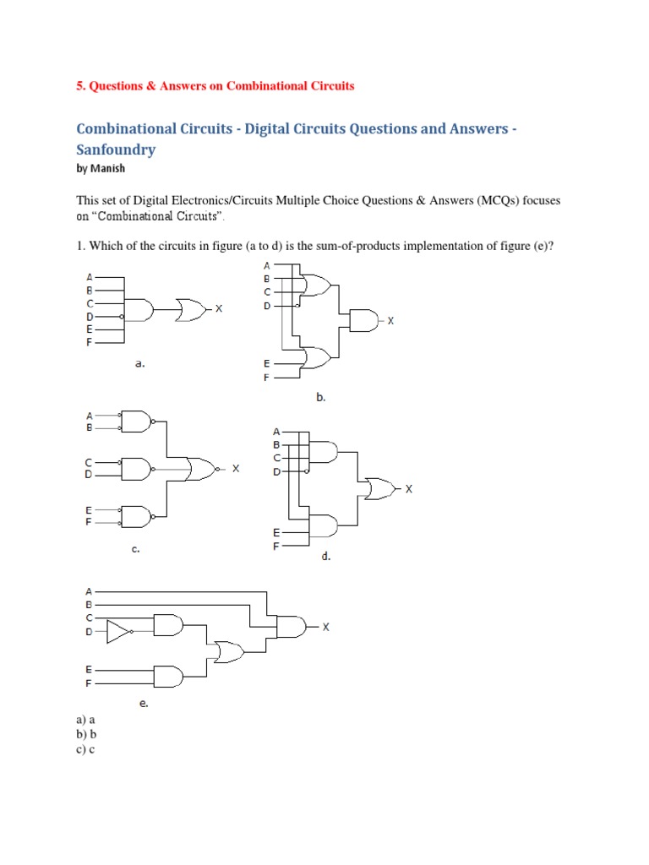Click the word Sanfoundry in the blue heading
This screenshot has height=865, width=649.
tap(116, 150)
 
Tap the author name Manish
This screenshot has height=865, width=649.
tap(107, 169)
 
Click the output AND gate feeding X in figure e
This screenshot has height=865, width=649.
tap(292, 627)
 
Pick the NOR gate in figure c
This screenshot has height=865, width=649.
tap(203, 468)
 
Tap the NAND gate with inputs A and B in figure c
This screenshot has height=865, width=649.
tap(138, 422)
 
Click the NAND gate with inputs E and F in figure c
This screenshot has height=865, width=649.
tap(138, 514)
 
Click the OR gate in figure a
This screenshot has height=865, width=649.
tap(192, 309)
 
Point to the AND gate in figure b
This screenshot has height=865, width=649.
tap(364, 320)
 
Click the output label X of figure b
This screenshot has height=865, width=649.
tap(391, 321)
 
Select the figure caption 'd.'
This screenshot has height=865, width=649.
tap(325, 557)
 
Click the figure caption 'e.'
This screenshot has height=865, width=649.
tap(145, 702)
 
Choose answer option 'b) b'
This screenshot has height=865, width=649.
tap(86, 735)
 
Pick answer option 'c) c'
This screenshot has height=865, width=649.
tap(85, 750)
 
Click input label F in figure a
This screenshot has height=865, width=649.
tap(90, 342)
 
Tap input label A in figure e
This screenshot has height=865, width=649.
tap(89, 590)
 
